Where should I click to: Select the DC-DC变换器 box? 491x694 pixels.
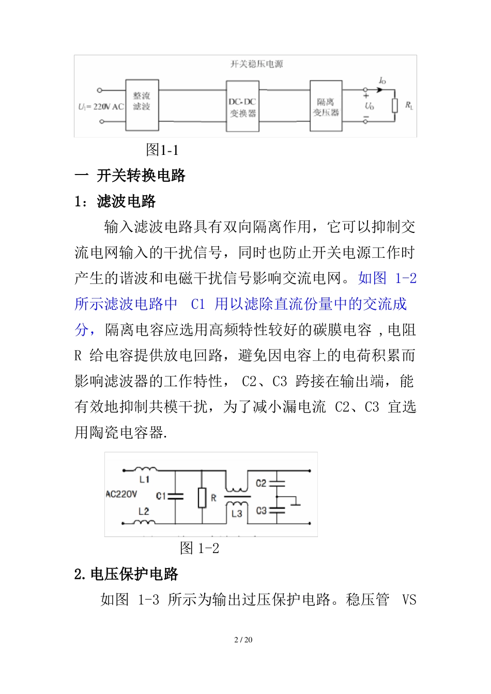coord(242,106)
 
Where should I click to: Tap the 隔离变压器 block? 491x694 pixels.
coord(326,106)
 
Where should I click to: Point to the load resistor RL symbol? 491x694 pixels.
coord(395,106)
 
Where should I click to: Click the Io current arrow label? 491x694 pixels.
coord(382,81)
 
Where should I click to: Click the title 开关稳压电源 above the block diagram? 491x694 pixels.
coord(256,64)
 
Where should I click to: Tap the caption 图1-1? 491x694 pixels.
coord(162,150)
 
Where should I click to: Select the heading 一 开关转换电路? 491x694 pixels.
coord(130,176)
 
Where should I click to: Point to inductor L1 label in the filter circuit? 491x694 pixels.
coord(144,480)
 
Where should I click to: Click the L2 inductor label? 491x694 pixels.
coord(144,511)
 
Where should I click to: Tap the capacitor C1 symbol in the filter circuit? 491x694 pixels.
coord(176,496)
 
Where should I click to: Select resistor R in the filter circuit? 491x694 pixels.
coord(203,497)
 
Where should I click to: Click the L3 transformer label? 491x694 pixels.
coord(237,513)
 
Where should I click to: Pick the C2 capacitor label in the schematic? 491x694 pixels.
coord(261,483)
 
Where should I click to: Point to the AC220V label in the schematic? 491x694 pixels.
coord(121,494)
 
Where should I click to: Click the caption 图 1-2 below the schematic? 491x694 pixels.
coord(200,548)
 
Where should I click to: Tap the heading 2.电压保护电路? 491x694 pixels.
coord(126,574)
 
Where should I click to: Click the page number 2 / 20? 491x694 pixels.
coord(243,640)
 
